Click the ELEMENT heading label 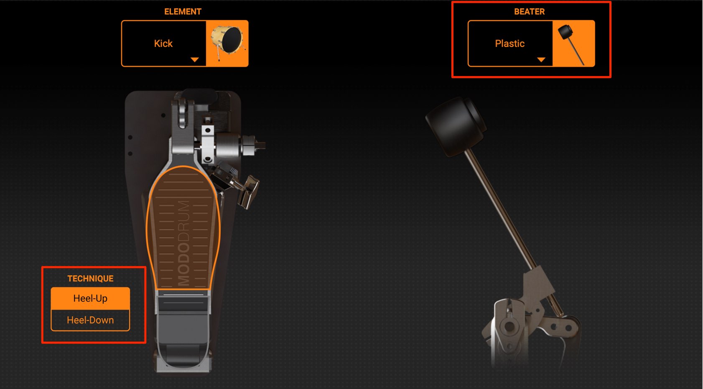183,12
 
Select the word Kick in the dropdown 163,44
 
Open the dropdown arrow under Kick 195,60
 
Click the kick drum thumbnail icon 227,44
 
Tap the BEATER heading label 529,12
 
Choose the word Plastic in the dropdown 509,44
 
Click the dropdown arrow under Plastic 541,60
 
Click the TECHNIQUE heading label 90,279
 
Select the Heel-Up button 90,298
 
